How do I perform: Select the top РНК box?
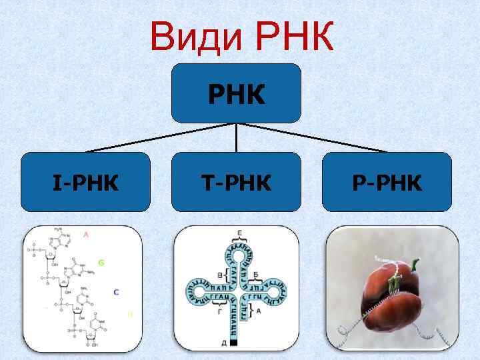[x=236, y=93]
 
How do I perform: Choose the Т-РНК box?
[x=236, y=182]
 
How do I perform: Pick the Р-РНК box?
[x=387, y=182]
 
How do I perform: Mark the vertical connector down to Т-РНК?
[x=237, y=138]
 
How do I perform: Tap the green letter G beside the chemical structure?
[x=101, y=263]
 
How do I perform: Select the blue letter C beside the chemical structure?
[x=116, y=291]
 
